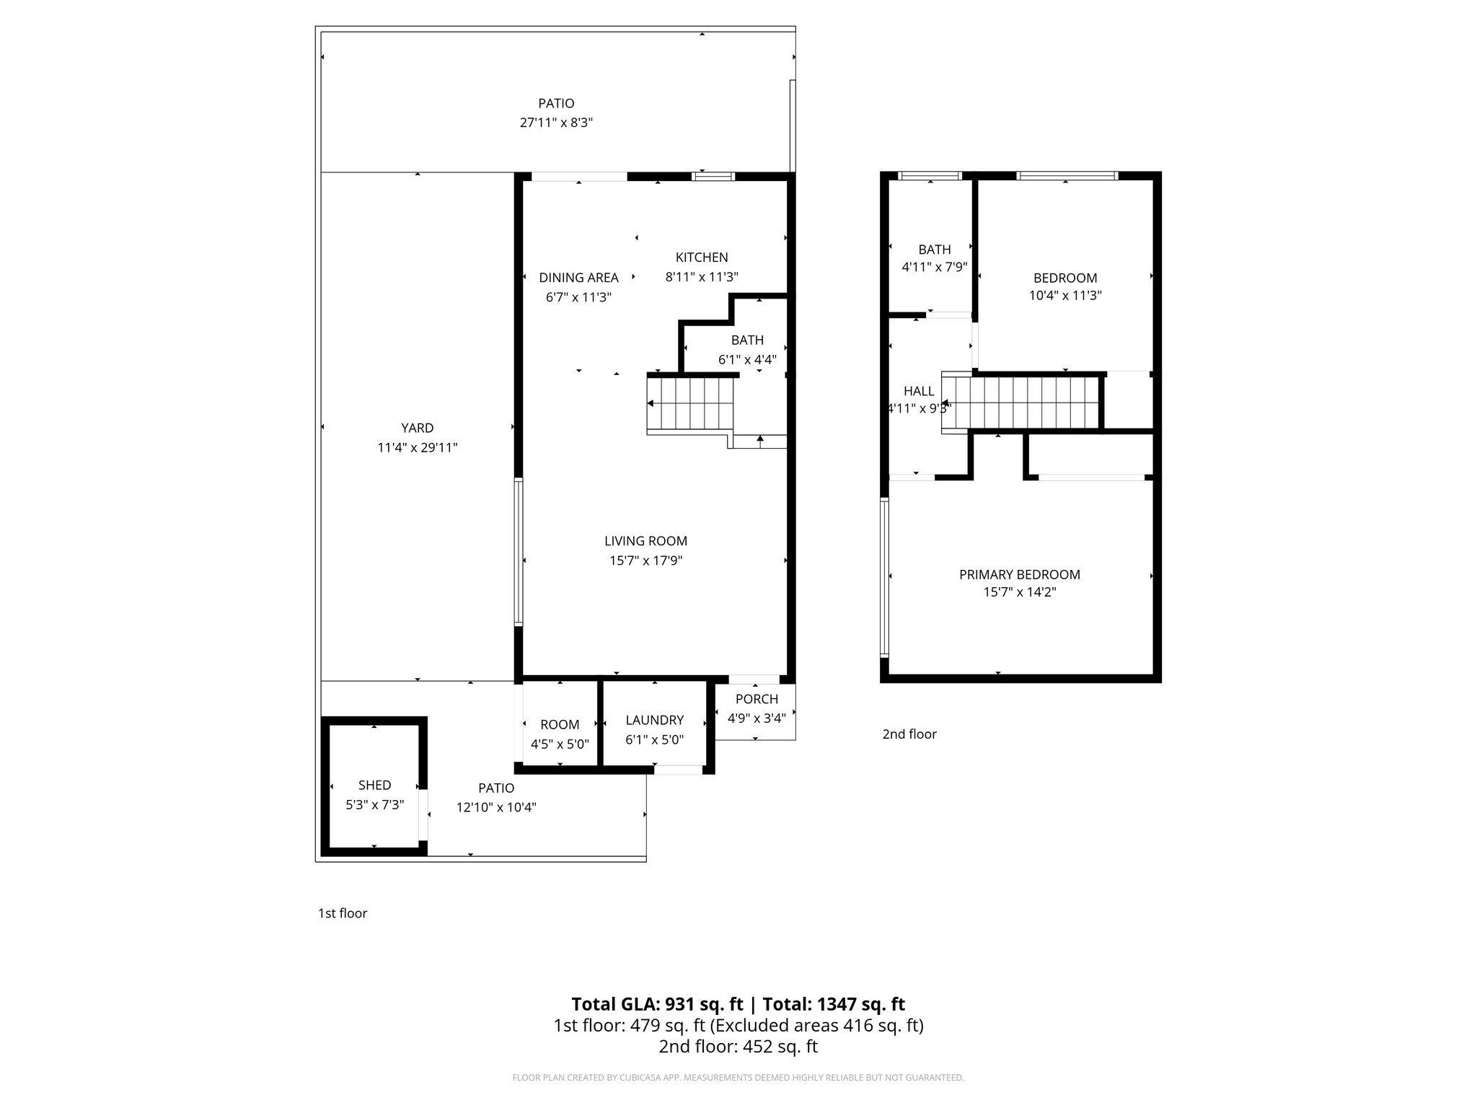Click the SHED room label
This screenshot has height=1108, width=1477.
374,785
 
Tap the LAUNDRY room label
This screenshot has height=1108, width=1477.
654,720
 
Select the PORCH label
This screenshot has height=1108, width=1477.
757,699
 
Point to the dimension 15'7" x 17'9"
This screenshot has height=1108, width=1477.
645,560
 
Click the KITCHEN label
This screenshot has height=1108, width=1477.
701,258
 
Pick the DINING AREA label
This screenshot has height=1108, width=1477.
578,278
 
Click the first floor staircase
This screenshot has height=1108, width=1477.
690,404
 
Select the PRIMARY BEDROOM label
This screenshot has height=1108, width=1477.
1019,574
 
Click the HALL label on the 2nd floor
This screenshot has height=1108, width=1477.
919,391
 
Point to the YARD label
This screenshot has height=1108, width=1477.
417,428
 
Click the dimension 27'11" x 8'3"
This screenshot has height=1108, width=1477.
556,123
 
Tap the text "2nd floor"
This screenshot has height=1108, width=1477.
909,734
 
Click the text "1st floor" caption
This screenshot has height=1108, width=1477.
343,913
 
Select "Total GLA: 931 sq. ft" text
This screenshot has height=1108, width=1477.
656,1004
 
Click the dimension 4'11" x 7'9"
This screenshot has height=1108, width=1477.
934,267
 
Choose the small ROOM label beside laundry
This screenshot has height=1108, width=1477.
560,725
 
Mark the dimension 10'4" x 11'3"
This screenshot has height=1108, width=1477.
1064,295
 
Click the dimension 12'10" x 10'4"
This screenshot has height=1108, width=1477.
496,807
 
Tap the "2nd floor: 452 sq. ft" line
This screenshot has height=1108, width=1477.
738,1047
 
